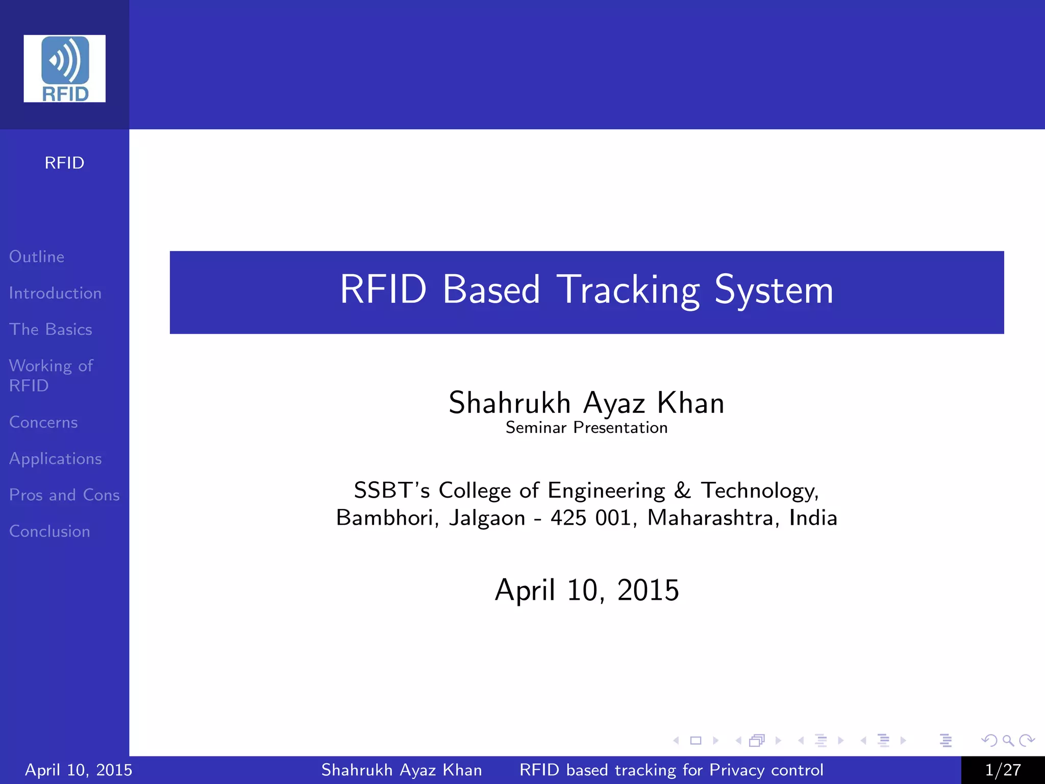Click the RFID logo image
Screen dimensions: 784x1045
pos(64,68)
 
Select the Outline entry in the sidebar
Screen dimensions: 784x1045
pos(37,257)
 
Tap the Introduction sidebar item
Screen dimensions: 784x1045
pos(55,293)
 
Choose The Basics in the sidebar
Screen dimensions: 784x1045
pos(51,330)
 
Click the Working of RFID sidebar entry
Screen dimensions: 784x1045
pos(51,375)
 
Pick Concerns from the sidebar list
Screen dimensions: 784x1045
pos(43,423)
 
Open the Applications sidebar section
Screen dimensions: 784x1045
pos(55,459)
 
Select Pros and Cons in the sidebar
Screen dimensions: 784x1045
pos(64,495)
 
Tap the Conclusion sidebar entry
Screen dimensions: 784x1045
pos(49,531)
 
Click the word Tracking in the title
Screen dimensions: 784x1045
pos(628,290)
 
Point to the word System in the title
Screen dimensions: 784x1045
pos(774,290)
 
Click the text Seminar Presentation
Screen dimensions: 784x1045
pos(586,428)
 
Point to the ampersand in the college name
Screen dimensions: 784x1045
pos(682,491)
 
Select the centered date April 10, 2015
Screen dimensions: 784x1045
pos(587,590)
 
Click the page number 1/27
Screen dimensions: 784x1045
pos(1003,770)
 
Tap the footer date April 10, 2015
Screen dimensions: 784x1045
pos(79,770)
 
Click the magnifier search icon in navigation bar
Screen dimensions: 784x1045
pos(1008,740)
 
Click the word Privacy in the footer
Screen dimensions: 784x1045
pos(737,770)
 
